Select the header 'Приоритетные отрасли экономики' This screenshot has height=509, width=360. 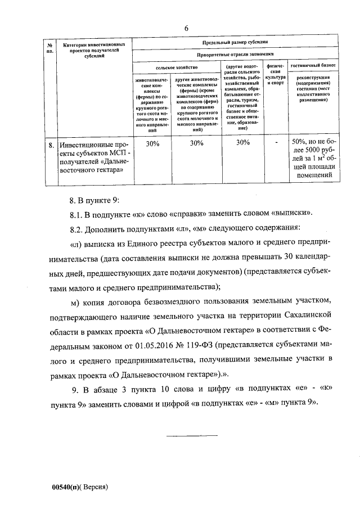click(235, 55)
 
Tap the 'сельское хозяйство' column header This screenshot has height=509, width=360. click(176, 67)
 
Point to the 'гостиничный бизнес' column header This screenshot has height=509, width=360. click(313, 66)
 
